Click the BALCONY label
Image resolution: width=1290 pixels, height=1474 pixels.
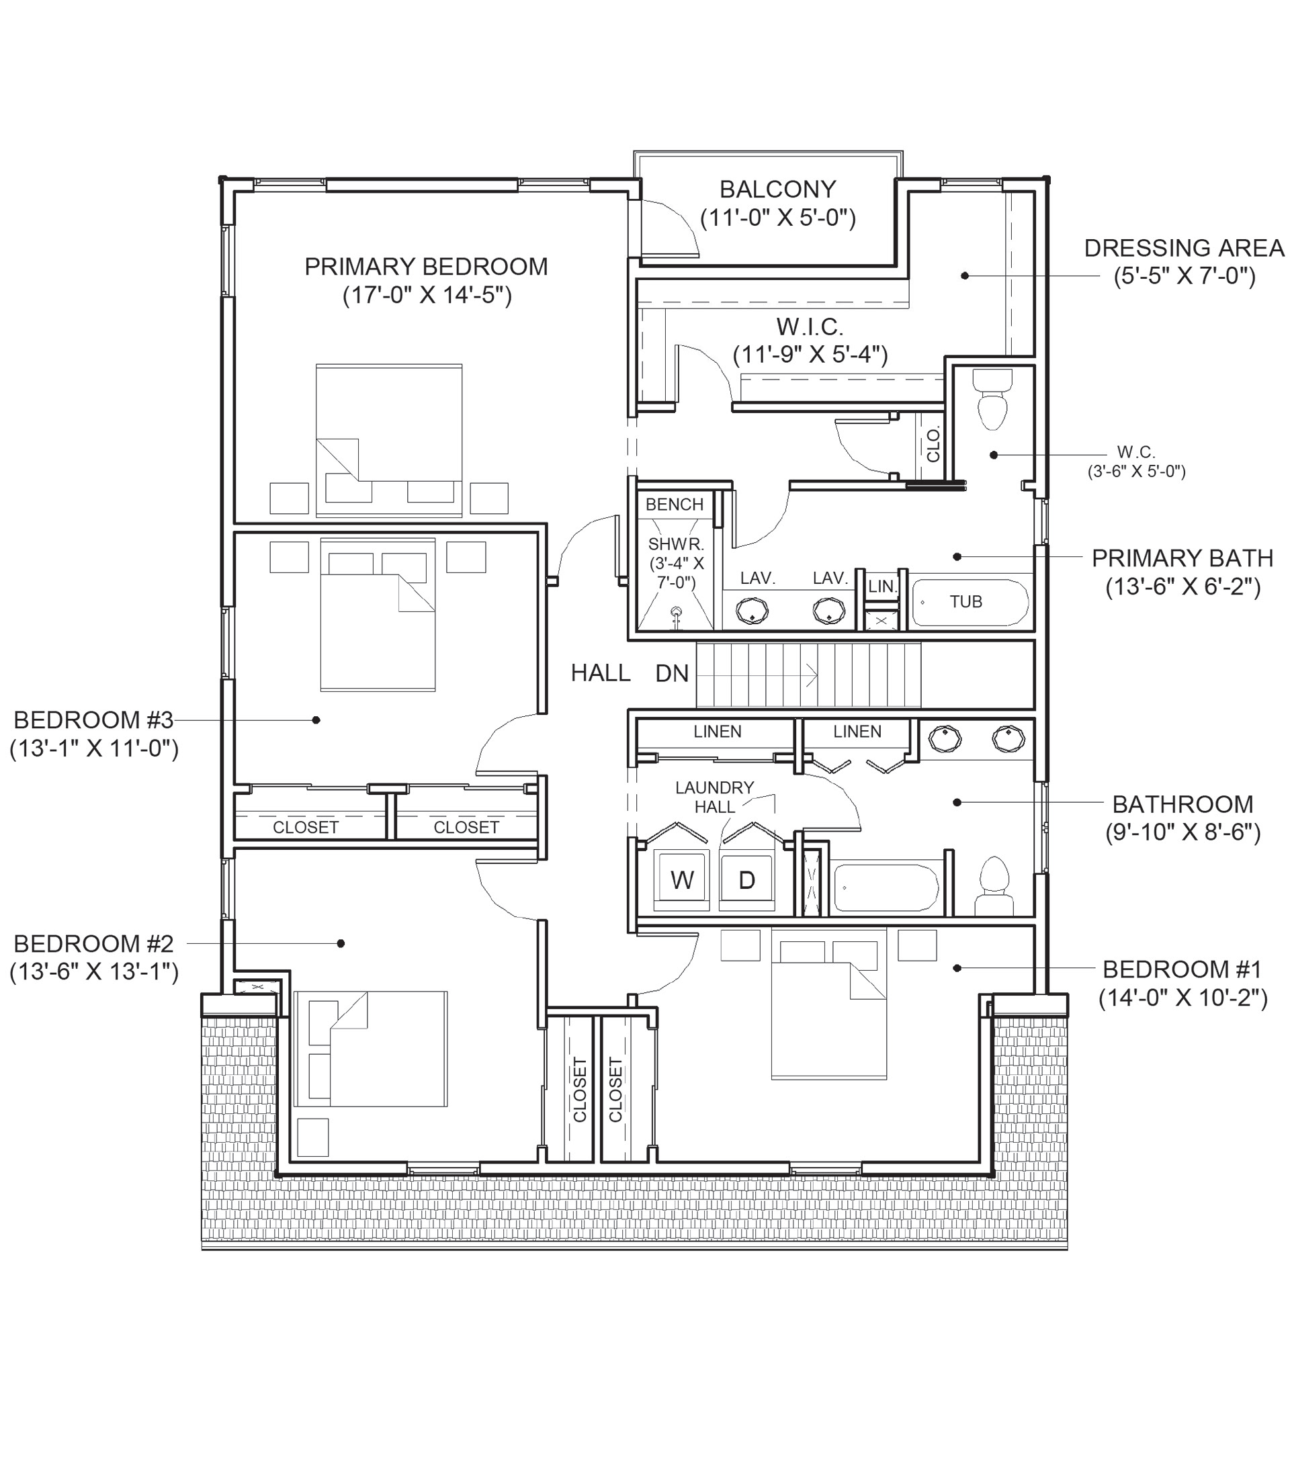pos(777,189)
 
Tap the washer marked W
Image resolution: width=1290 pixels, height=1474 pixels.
pos(681,879)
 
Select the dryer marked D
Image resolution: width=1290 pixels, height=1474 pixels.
pos(747,879)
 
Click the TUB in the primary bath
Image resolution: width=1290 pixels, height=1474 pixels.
pos(970,602)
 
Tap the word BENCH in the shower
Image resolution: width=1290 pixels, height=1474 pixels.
pos(675,505)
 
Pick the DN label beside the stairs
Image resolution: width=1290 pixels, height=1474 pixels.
pos(672,674)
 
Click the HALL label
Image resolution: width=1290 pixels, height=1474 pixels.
pos(601,674)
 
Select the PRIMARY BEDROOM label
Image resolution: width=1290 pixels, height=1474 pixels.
pos(426,267)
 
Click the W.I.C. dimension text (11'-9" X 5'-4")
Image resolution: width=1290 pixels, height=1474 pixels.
pos(810,355)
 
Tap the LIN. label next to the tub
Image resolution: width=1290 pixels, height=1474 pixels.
pos(883,587)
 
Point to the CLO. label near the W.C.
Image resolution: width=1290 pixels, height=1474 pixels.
pos(934,444)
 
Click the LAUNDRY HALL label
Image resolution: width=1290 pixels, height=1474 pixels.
pos(715,797)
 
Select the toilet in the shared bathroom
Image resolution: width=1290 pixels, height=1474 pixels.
pos(995,886)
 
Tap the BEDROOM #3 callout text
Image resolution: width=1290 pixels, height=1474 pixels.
pos(93,720)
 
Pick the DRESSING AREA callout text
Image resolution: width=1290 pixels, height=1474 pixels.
pos(1184,249)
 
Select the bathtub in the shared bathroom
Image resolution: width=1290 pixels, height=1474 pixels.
pos(886,887)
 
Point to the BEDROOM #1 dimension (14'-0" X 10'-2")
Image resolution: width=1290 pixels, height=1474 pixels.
pos(1182,998)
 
